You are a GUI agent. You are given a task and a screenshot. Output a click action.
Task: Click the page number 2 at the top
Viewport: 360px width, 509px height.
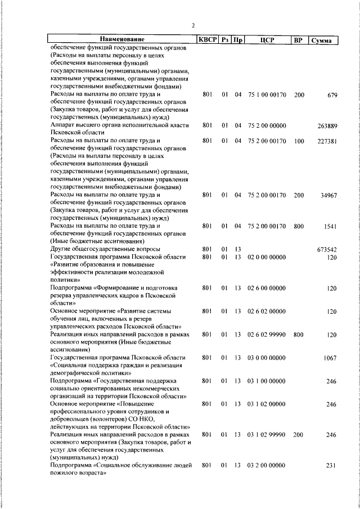[x=193, y=25]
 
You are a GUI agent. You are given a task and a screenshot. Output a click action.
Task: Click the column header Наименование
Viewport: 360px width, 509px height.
[x=122, y=40]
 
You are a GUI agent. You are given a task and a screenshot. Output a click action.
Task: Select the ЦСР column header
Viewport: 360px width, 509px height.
[x=267, y=40]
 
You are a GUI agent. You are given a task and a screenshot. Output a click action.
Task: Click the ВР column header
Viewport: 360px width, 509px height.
[x=298, y=40]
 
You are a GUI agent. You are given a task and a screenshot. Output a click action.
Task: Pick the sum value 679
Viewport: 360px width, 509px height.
[x=332, y=95]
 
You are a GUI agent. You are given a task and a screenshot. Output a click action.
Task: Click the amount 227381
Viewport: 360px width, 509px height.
[x=327, y=141]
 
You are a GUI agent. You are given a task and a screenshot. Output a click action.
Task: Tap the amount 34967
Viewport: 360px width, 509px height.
[x=328, y=195]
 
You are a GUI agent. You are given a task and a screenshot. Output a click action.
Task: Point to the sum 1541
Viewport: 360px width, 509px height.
[x=330, y=226]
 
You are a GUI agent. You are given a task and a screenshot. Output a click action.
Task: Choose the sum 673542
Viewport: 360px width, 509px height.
[x=327, y=249]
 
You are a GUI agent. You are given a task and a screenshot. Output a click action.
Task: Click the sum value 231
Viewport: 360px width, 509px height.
[x=332, y=466]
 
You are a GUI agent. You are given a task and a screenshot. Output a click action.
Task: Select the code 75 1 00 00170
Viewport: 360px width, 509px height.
[x=267, y=95]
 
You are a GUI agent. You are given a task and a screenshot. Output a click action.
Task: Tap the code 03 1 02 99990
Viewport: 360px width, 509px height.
[x=267, y=435]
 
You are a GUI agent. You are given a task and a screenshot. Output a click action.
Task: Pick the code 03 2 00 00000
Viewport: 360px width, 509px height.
[x=267, y=466]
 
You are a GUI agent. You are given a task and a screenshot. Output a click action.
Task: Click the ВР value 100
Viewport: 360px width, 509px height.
[x=299, y=141]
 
